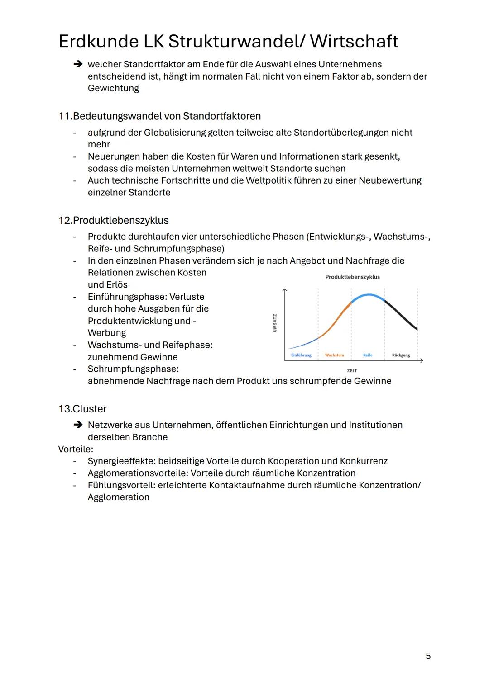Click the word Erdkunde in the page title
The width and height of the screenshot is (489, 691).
click(x=98, y=42)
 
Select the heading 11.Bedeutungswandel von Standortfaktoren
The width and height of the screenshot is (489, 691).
click(x=159, y=116)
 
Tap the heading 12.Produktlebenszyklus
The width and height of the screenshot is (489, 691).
click(x=113, y=221)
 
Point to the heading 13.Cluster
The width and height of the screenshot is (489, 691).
click(x=82, y=409)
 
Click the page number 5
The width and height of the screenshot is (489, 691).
click(x=428, y=656)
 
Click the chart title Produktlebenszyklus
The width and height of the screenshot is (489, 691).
click(x=352, y=277)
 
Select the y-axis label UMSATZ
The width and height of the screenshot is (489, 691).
click(x=275, y=323)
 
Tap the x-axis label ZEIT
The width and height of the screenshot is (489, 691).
click(x=352, y=371)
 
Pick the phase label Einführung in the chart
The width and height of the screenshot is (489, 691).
click(x=301, y=355)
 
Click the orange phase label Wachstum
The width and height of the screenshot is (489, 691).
click(x=334, y=355)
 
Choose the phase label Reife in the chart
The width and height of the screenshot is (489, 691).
click(x=368, y=355)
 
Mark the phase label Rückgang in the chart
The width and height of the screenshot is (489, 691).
click(x=401, y=355)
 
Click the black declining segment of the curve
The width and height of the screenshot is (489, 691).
click(x=401, y=314)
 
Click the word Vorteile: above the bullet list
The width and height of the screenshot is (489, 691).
click(x=76, y=449)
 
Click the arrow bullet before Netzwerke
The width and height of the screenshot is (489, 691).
click(x=78, y=425)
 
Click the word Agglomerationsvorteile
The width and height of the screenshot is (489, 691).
click(x=138, y=473)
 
